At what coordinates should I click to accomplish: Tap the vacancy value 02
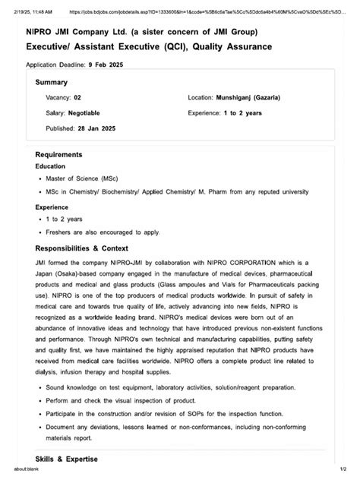coord(77,98)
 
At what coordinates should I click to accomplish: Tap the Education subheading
coord(50,166)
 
